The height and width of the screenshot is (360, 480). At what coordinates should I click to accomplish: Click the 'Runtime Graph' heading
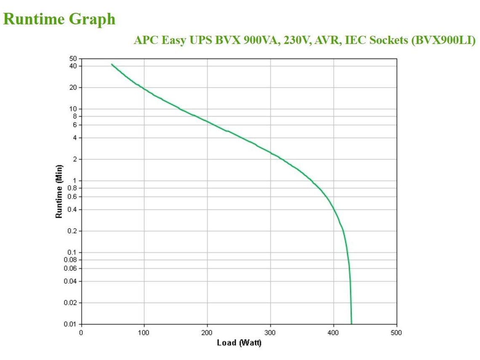pos(59,19)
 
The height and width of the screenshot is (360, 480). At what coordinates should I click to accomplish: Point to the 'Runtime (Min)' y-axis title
pos(60,191)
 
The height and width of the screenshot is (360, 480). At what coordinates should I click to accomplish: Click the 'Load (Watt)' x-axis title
pos(239,343)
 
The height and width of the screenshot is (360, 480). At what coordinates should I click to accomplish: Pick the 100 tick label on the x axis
pos(144,332)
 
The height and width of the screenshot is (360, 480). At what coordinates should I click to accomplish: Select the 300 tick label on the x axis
pos(270,332)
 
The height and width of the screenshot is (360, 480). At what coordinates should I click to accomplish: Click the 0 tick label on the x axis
pos(81,332)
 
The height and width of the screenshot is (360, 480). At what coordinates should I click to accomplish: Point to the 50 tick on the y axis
pos(73,59)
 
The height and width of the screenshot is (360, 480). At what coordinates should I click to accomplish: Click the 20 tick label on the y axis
pos(73,87)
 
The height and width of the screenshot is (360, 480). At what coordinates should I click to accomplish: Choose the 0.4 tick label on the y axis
pos(72,209)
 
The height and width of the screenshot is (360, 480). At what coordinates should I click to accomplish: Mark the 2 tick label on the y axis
pos(75,159)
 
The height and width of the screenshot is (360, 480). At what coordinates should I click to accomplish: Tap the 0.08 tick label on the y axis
pos(70,259)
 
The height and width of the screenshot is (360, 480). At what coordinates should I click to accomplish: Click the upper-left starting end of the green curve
pos(112,64)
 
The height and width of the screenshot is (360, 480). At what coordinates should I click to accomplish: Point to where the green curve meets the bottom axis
pos(352,323)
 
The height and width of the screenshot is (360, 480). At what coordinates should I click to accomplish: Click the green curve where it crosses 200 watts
pos(207,121)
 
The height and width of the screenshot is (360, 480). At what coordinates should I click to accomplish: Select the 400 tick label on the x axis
pos(333,332)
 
